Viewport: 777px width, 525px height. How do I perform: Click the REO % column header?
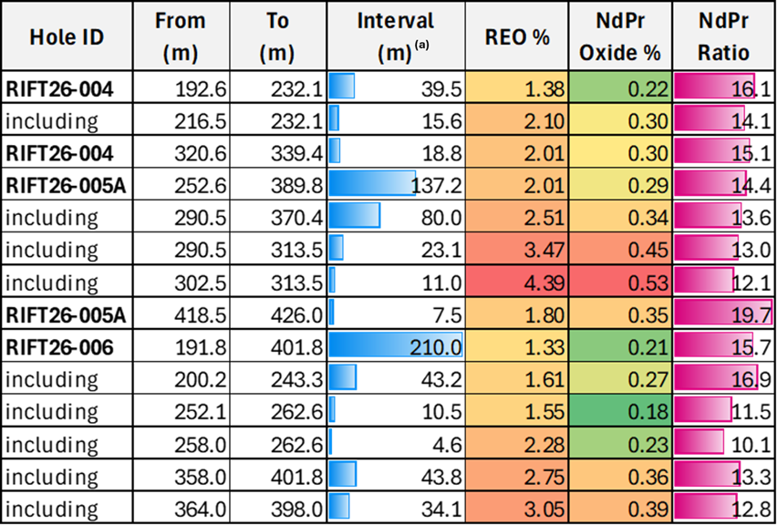516,38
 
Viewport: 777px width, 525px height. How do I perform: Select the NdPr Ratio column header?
724,36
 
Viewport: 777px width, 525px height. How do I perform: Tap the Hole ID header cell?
67,38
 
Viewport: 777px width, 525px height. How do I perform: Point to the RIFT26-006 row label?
59,348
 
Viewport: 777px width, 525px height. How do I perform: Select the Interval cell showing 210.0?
396,348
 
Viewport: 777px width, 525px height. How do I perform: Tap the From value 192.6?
201,90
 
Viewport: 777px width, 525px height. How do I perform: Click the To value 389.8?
296,187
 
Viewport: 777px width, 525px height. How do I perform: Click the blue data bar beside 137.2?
372,183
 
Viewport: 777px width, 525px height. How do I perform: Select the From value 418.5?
201,316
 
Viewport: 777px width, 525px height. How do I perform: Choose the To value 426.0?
296,316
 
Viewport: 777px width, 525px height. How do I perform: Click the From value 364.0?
201,510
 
